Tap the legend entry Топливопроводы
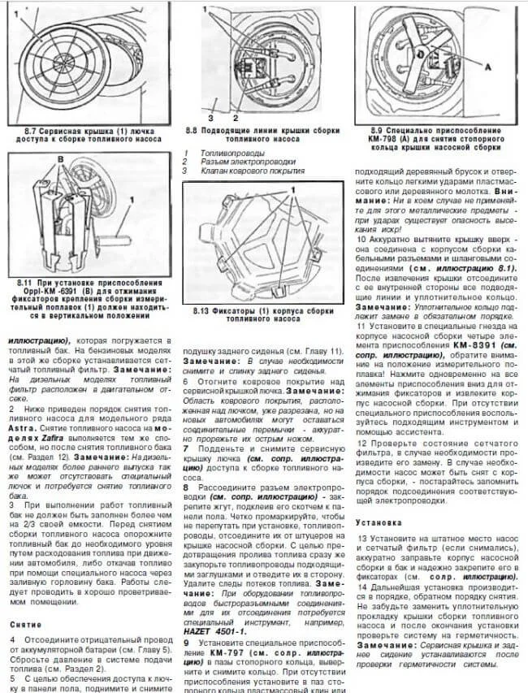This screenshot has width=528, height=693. [x=232, y=153]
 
